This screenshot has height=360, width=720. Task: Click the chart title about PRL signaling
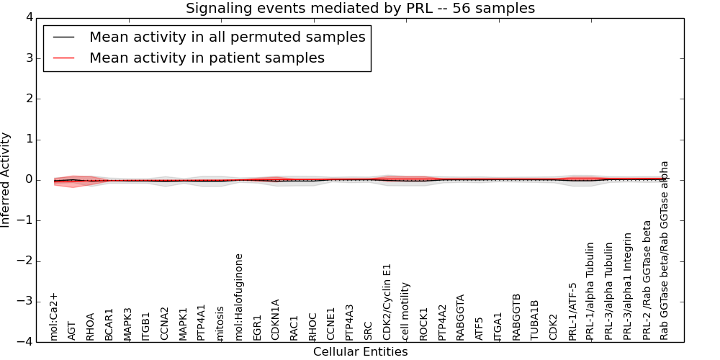360,9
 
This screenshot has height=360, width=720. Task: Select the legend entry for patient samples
207,58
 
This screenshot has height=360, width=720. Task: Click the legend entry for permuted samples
227,37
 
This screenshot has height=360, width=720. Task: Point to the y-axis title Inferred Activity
6,180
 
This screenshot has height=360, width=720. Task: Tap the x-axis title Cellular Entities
360,352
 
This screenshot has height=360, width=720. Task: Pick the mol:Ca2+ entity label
53,316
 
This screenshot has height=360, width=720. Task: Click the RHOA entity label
90,326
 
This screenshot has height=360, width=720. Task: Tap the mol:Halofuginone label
239,297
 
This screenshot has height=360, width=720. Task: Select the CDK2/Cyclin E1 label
387,302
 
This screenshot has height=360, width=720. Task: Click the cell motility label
406,311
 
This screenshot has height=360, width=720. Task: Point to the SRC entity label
369,330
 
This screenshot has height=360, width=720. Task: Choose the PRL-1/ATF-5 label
573,311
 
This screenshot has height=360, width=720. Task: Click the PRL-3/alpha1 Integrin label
628,286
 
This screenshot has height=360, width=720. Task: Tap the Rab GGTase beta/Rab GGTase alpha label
665,250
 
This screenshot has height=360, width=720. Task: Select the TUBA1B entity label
534,320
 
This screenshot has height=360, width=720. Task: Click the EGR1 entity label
258,328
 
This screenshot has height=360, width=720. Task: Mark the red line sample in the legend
66,58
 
